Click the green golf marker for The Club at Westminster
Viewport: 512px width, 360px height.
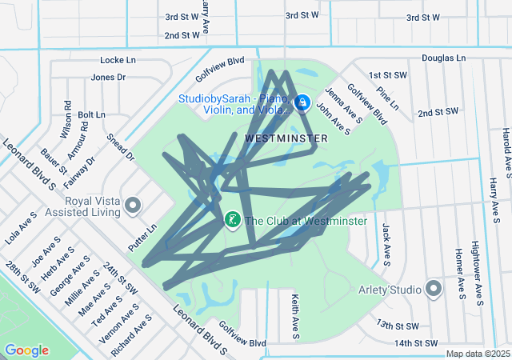[x=232, y=219]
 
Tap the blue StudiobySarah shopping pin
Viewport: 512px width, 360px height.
[x=302, y=103]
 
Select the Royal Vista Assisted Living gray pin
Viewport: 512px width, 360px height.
[x=133, y=207]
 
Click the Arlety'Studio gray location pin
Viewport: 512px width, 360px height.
[x=434, y=288]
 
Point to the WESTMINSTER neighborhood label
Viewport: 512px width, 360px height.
[x=286, y=138]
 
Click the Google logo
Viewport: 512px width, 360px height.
[x=26, y=350]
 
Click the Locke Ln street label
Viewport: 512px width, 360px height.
[x=118, y=60]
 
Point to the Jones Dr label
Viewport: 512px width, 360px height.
[x=109, y=78]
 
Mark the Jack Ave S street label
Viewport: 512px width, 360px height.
[x=386, y=244]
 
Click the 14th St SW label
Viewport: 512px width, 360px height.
[x=416, y=343]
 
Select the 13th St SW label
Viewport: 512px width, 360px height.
[x=398, y=326]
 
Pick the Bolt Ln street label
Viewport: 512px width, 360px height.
[x=91, y=115]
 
